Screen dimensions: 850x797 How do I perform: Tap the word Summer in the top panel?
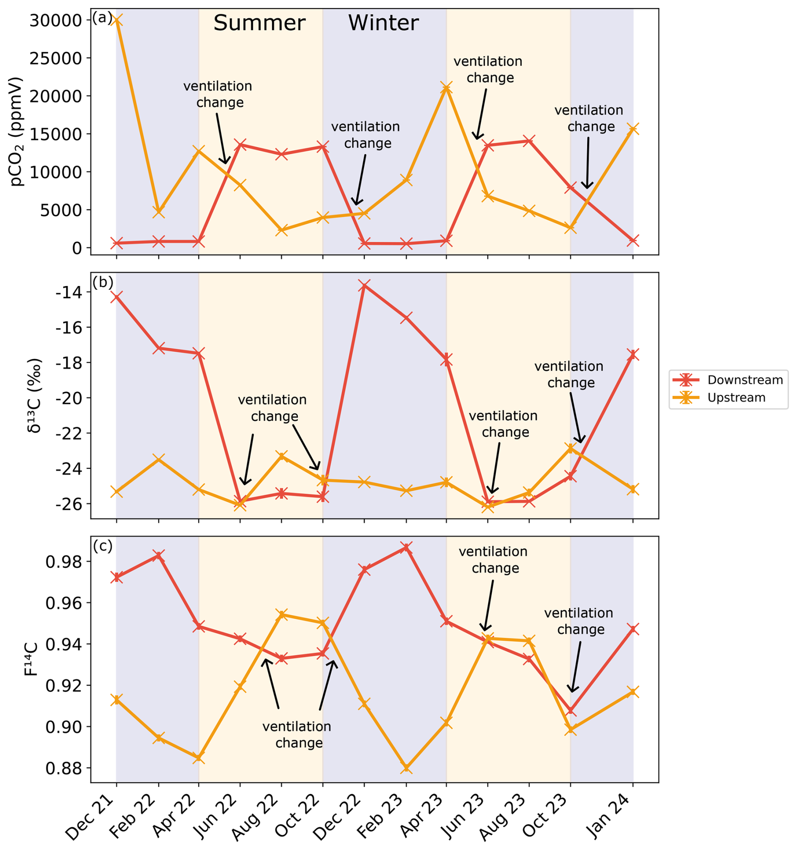tap(259, 23)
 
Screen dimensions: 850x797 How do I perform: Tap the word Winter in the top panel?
tap(383, 23)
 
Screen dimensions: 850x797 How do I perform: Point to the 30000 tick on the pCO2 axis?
tap(55, 20)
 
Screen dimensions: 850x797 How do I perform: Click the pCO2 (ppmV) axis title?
tap(17, 131)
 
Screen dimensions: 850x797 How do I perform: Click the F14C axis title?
tap(31, 659)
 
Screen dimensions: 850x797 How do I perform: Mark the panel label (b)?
tap(103, 283)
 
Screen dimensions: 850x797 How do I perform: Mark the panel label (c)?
tap(103, 546)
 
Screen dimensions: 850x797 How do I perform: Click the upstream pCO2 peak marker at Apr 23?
tap(447, 88)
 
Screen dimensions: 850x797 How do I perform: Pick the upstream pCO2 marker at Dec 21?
tap(116, 20)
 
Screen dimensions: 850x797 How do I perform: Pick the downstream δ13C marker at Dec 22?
tap(364, 285)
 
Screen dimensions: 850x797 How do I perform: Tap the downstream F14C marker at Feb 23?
tap(406, 548)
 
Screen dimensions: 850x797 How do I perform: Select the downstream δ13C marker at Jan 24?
tap(633, 355)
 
